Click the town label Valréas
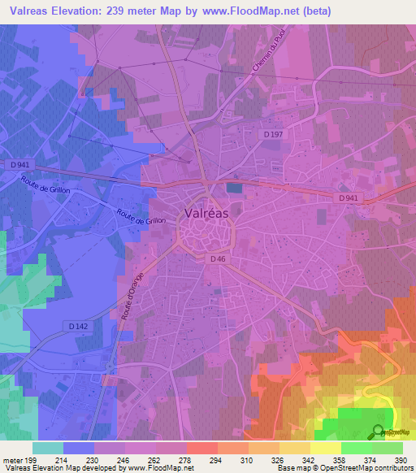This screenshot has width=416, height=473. click(x=207, y=212)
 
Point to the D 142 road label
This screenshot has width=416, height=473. click(x=77, y=326)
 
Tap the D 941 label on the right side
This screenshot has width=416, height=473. click(x=349, y=197)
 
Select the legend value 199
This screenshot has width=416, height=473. click(x=32, y=459)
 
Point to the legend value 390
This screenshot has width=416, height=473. click(x=401, y=459)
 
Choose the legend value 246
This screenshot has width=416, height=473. click(x=124, y=459)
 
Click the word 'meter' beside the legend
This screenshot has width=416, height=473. click(x=12, y=459)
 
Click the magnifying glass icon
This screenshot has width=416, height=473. click(x=376, y=432)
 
